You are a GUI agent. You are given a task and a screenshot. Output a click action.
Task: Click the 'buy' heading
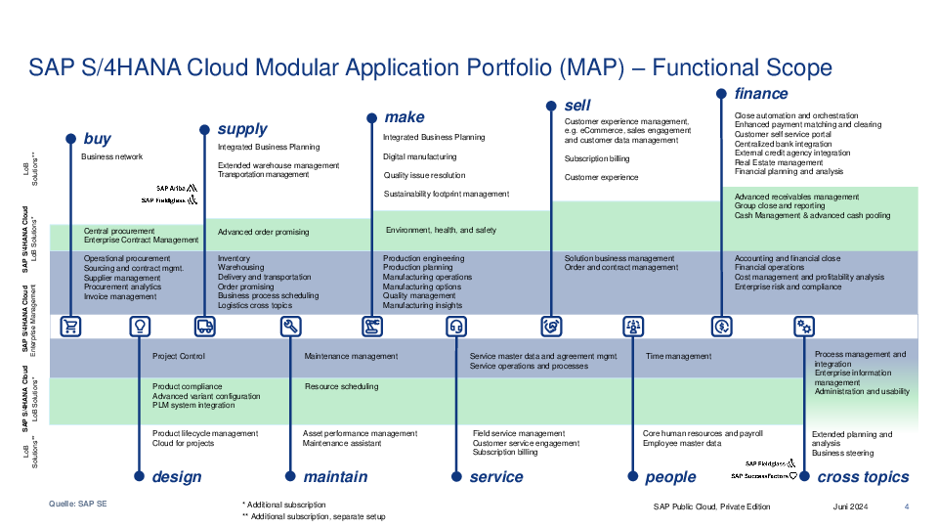(x=97, y=139)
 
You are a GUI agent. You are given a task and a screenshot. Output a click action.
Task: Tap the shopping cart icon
(x=70, y=327)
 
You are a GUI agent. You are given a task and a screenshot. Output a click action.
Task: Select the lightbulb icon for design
(x=140, y=327)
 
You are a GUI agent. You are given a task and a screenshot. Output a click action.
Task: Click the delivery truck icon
(x=204, y=327)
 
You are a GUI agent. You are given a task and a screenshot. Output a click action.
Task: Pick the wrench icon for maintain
(x=291, y=327)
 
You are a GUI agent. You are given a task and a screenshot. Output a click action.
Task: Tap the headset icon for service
(x=456, y=327)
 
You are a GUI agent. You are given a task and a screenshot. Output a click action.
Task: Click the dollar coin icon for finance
(x=721, y=327)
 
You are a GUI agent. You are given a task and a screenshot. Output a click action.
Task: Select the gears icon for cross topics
(x=804, y=327)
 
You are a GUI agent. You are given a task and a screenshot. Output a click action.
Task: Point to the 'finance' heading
(x=761, y=94)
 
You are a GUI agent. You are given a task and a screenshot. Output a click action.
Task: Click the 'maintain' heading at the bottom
(x=335, y=476)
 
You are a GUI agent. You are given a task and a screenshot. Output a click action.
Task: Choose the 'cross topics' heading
(x=863, y=476)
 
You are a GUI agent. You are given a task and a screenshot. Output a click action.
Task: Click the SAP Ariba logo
(x=177, y=188)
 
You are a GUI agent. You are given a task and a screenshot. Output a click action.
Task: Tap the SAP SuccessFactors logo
(x=764, y=476)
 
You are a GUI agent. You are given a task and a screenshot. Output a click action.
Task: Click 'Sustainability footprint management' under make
(x=447, y=194)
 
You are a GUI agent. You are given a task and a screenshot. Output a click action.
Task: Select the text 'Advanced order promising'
(x=263, y=232)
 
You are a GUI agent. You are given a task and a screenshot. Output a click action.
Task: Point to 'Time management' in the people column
(x=678, y=356)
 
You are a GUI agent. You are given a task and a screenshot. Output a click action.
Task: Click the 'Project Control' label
(x=178, y=356)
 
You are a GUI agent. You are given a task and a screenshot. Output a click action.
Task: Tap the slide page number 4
(x=907, y=506)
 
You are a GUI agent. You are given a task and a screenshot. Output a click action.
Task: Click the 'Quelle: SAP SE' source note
(x=78, y=505)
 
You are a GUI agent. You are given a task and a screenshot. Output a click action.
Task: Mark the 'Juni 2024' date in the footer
(x=850, y=506)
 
